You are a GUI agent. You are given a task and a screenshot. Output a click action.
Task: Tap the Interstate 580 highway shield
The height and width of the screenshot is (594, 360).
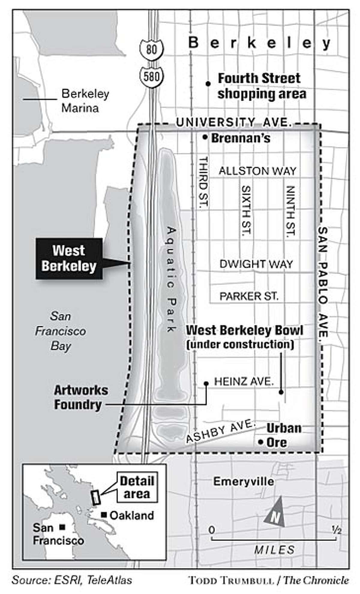click(151, 77)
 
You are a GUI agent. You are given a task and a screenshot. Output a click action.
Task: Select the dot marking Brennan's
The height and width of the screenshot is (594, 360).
click(205, 138)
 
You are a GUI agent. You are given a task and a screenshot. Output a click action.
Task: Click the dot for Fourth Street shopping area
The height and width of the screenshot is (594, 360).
click(207, 84)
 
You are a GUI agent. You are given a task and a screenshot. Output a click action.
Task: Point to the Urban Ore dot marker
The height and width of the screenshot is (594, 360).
click(261, 442)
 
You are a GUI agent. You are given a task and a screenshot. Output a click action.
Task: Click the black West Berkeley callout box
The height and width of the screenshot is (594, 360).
click(69, 258)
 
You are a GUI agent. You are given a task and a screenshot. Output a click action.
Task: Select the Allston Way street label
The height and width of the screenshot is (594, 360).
click(257, 171)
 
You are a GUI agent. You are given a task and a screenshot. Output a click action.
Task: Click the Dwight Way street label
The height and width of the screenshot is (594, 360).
click(256, 264)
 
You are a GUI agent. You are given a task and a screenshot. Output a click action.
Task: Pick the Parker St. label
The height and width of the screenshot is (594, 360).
click(249, 296)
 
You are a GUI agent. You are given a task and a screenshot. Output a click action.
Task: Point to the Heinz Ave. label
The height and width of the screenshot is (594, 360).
click(244, 382)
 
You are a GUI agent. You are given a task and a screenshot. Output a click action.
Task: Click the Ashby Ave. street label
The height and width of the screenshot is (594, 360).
click(220, 431)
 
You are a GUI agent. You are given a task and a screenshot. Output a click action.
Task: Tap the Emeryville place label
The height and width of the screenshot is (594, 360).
click(244, 482)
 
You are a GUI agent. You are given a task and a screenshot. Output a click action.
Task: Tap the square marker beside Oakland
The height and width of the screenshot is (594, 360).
click(104, 515)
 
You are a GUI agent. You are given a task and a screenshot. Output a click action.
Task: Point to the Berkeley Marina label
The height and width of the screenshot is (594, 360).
click(85, 101)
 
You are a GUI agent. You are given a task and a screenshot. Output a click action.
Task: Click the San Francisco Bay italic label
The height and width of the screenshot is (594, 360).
click(61, 331)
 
